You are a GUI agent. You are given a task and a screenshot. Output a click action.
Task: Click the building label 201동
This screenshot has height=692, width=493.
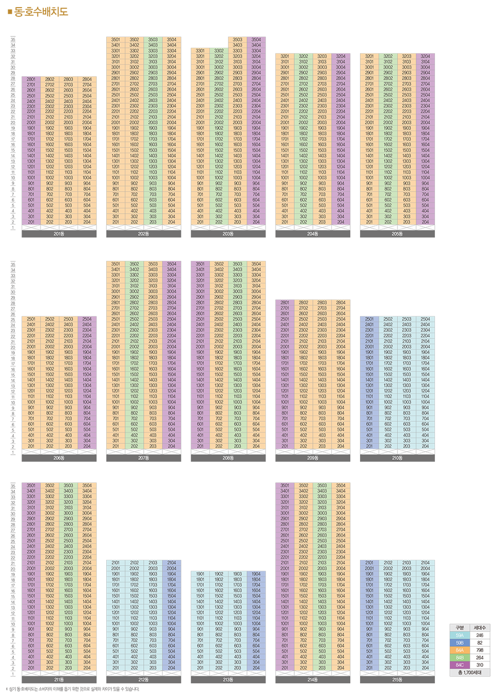(x=59, y=234)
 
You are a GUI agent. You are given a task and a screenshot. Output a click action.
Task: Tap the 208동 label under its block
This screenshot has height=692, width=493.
(x=228, y=458)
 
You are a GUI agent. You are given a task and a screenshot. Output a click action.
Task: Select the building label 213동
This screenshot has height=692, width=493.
(x=228, y=680)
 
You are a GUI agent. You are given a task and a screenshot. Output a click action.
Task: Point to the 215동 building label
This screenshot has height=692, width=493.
(x=397, y=680)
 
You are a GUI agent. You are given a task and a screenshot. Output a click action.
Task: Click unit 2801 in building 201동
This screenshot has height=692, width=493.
(x=31, y=79)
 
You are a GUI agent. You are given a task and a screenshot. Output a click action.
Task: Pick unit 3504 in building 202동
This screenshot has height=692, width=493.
(x=172, y=40)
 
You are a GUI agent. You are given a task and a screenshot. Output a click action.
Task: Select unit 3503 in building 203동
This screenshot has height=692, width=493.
(x=237, y=40)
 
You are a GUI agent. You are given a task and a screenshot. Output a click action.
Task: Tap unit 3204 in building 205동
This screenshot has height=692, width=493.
(x=425, y=56)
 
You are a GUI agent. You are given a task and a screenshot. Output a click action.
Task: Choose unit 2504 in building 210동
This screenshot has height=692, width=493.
(x=425, y=319)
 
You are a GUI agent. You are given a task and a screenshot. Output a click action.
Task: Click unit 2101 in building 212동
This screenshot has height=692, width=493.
(x=116, y=563)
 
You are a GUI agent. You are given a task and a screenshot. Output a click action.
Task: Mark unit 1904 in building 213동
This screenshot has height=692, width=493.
(x=256, y=574)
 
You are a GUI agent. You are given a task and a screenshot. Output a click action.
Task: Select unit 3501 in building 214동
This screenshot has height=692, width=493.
(x=285, y=485)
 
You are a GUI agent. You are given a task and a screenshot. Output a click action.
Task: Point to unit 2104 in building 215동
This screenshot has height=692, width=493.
(x=425, y=563)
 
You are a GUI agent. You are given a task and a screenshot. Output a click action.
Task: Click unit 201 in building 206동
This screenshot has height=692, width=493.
(x=31, y=446)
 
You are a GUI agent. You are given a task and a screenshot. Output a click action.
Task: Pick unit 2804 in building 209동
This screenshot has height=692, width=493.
(x=340, y=303)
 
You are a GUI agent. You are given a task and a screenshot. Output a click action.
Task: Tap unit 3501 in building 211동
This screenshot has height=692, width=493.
(x=31, y=485)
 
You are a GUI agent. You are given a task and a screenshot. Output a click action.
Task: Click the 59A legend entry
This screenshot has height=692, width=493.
(x=460, y=635)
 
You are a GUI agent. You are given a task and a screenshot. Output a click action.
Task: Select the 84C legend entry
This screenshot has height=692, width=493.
(x=460, y=665)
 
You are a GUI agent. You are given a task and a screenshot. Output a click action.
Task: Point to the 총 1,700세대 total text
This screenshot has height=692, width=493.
(x=470, y=672)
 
